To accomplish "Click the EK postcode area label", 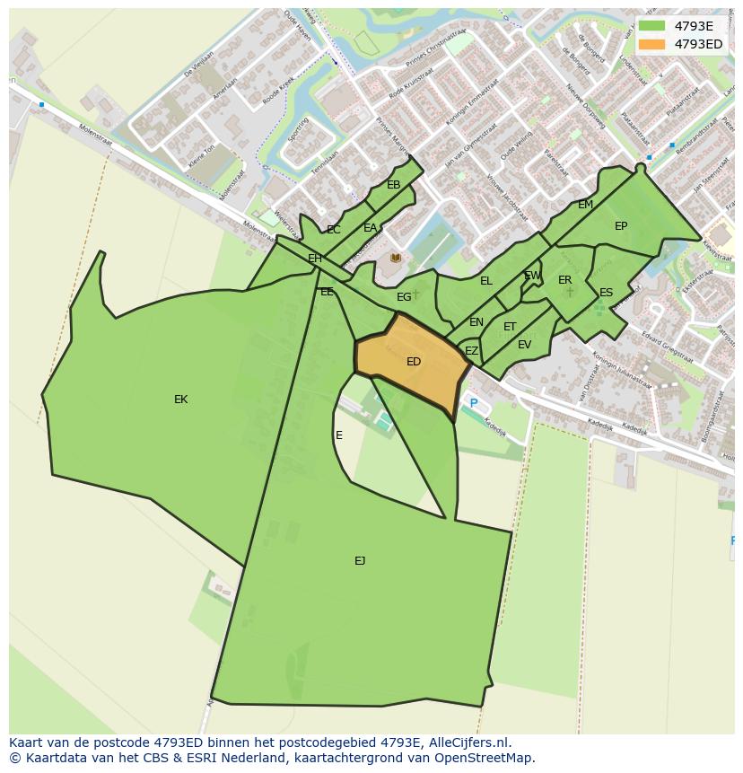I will click(x=180, y=400).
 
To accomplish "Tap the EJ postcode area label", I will click(x=360, y=561).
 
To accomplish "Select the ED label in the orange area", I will click(x=414, y=362).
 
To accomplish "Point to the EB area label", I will click(x=393, y=185).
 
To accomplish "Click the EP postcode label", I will click(x=621, y=226).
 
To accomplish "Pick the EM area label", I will click(x=585, y=205).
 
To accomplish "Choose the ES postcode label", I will click(x=606, y=293).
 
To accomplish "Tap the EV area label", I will click(x=524, y=344).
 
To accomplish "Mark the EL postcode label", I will click(x=486, y=281).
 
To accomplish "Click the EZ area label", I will click(x=471, y=351).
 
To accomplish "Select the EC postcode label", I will click(x=334, y=230).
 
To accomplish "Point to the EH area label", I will click(x=315, y=259).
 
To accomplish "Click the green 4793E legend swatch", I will click(x=651, y=26).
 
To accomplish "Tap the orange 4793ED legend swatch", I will click(x=651, y=44).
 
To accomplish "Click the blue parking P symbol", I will click(x=474, y=404).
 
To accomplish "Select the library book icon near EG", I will click(x=396, y=258).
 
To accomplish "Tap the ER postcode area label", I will click(x=564, y=280).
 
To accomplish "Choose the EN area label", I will click(x=476, y=322).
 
